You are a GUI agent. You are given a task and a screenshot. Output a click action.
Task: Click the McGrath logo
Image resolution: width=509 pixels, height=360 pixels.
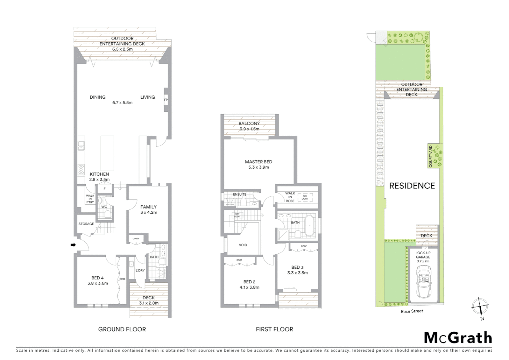[x=458, y=338]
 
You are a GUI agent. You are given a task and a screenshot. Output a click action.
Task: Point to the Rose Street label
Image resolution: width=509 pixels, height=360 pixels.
[x=412, y=311]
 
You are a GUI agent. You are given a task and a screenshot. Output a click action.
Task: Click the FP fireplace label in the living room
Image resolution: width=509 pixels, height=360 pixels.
[x=166, y=100]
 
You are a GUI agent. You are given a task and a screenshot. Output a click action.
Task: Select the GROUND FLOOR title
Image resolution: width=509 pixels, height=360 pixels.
[x=122, y=329]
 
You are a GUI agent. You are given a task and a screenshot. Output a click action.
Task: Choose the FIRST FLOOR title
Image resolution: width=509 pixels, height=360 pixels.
[x=274, y=329]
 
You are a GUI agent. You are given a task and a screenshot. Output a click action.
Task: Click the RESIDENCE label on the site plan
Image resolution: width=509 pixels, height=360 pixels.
[x=412, y=186]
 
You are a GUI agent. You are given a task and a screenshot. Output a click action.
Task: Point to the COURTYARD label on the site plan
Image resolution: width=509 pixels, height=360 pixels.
[x=431, y=156]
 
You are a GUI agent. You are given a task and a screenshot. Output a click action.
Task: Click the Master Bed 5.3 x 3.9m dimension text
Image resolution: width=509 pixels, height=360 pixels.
[x=258, y=167]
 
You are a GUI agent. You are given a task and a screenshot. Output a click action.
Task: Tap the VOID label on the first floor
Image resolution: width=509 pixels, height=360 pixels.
[x=243, y=245]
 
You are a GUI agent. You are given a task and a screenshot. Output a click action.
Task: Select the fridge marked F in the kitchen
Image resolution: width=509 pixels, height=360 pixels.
[x=105, y=189]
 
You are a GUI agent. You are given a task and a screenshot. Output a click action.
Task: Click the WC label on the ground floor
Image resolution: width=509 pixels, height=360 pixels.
[x=104, y=207]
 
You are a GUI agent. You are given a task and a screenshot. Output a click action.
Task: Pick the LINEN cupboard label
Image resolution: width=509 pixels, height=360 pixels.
[x=136, y=239]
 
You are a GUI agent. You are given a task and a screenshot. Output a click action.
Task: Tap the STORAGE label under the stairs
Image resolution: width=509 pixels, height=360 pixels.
[x=86, y=224]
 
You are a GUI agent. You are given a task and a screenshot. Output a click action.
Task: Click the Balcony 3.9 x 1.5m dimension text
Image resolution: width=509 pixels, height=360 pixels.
[x=249, y=129]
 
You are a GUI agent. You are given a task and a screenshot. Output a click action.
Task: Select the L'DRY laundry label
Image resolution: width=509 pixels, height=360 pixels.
[x=140, y=270]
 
